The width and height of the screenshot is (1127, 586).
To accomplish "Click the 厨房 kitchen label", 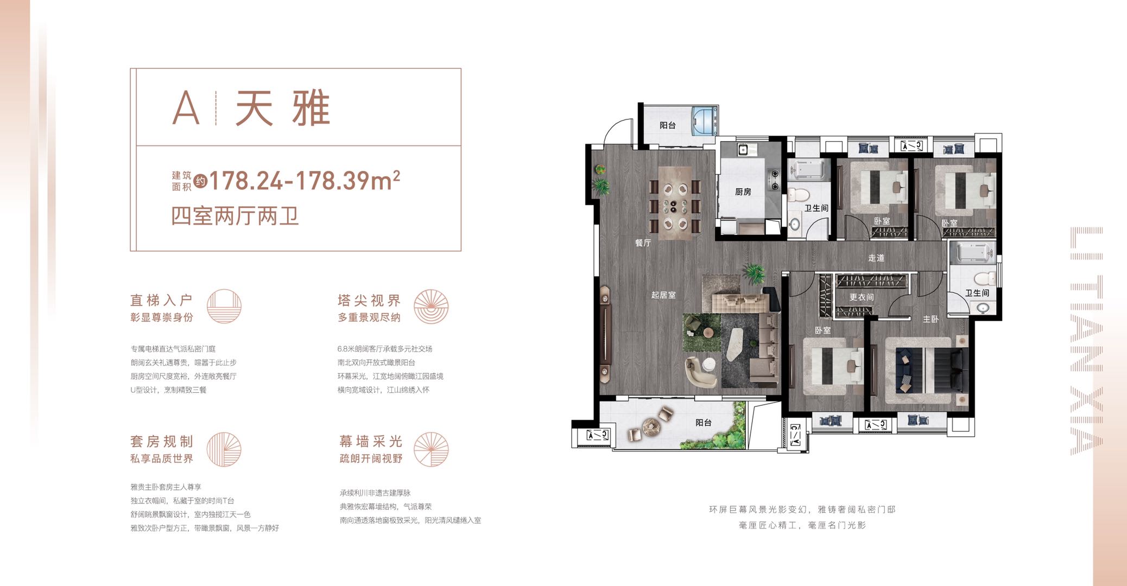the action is (743, 192).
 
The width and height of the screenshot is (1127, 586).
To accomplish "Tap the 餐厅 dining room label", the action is (643, 243).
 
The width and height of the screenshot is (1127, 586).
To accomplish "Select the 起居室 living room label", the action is (663, 295).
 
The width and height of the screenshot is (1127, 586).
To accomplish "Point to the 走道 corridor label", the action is (876, 258).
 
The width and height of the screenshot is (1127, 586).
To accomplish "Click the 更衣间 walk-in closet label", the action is (862, 297).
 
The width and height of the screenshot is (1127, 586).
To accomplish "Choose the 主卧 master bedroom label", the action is (930, 319).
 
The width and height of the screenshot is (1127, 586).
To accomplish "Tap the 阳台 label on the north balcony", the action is (667, 125).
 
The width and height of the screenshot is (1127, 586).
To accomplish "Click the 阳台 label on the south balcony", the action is (703, 422).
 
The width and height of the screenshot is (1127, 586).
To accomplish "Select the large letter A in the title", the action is (186, 107).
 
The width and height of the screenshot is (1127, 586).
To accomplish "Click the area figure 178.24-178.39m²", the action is (305, 180).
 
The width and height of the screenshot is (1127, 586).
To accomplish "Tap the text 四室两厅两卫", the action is (235, 216).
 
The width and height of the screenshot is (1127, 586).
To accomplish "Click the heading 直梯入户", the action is (161, 300).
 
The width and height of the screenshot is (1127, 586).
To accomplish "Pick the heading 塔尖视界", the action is (369, 300).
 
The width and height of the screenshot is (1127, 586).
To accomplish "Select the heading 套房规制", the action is (161, 441).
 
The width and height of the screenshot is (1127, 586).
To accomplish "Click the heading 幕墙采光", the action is (371, 441).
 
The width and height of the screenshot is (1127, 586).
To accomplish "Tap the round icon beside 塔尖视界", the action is (431, 307).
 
